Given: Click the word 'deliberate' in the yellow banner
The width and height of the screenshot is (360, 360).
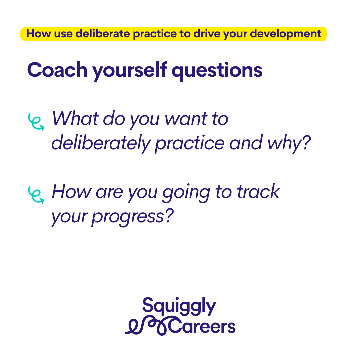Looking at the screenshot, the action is coord(103,34).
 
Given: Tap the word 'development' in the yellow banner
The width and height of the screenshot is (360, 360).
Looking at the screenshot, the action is coord(285,34).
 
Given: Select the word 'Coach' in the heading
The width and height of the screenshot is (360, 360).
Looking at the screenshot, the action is coord(57,70).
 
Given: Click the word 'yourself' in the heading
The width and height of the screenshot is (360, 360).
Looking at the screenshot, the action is coord(129,70).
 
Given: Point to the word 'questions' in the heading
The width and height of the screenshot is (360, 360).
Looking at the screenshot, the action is coord(217,71).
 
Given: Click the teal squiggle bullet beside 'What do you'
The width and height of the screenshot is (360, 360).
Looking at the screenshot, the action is coord(36,122).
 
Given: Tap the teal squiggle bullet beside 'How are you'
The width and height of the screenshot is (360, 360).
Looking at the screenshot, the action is coord(36,195).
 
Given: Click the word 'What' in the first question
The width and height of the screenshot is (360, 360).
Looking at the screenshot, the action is coord(76,118).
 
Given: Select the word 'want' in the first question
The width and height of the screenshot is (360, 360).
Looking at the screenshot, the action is coord(186,119).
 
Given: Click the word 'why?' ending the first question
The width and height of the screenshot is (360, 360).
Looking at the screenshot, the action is coord(289,143).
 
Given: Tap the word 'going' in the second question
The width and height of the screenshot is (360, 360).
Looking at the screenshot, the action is coord(186,193).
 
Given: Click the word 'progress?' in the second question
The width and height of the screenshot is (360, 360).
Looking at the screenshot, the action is coord(132,217).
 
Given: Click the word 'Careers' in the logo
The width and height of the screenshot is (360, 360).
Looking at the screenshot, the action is coord(202,326).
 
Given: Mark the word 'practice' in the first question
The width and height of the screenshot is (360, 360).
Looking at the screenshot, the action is coord(190,143).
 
